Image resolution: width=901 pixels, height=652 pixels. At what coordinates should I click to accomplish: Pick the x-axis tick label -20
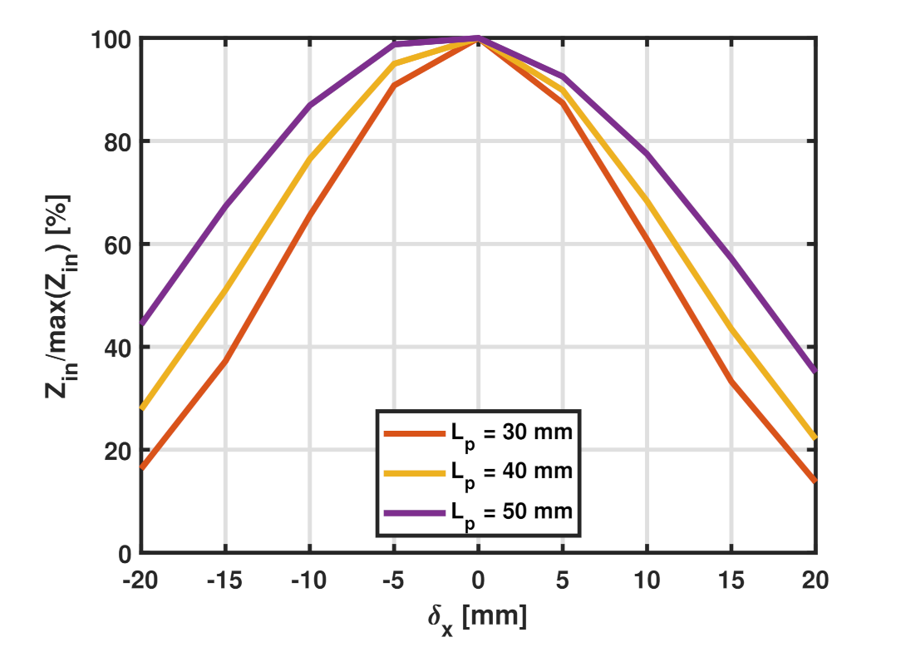[x=140, y=580]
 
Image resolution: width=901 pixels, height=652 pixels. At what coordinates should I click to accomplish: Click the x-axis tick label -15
[x=224, y=580]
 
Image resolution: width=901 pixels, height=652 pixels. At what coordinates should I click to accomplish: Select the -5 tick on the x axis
[x=393, y=580]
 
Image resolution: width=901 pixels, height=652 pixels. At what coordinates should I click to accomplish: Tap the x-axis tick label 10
[x=646, y=580]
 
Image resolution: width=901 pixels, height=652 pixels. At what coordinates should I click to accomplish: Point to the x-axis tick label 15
[x=731, y=580]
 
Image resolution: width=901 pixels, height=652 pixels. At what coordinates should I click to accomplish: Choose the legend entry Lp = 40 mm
[x=512, y=472]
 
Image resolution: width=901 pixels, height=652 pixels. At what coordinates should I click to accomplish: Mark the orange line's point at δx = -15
[x=225, y=361]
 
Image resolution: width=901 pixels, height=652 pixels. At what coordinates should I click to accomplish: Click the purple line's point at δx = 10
[x=647, y=154]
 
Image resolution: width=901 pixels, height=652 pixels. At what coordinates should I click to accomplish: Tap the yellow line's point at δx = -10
[x=309, y=159]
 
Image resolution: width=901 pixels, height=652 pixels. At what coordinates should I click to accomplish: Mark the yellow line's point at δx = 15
[x=731, y=328]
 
